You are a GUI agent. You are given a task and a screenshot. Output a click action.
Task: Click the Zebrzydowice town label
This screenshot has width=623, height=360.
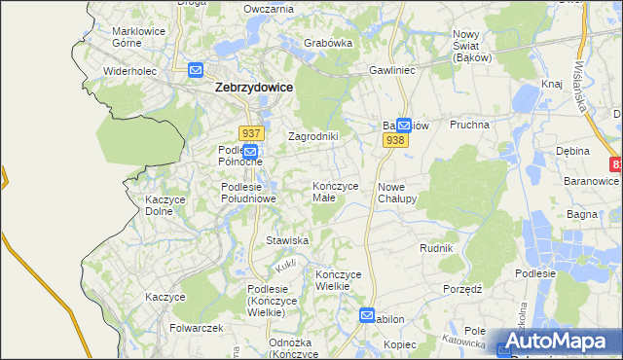[x=253, y=87]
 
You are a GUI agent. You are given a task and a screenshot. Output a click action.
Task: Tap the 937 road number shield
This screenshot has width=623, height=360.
[x=249, y=133]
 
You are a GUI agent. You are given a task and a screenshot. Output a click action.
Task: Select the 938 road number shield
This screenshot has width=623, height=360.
[x=394, y=140]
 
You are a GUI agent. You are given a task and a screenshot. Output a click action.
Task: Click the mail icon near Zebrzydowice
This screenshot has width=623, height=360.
[x=196, y=70]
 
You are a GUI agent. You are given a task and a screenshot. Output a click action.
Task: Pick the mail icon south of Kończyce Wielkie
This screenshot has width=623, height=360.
[x=366, y=315]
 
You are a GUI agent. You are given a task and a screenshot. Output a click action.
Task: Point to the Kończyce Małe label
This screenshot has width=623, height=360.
[x=337, y=191]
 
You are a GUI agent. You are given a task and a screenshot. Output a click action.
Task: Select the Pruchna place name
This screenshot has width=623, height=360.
[x=468, y=126]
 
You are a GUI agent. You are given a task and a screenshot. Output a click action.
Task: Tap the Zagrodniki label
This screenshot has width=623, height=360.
[x=312, y=136]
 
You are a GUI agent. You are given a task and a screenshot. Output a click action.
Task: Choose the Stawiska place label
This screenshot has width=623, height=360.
[x=287, y=239]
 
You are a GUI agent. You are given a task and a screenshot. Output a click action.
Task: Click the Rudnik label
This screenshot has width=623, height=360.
[x=436, y=248]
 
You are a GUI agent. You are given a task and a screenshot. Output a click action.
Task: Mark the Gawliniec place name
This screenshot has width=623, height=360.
[x=392, y=71]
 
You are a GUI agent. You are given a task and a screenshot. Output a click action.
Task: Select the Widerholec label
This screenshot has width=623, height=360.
[x=130, y=71]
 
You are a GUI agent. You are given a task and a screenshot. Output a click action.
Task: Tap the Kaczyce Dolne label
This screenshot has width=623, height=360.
[x=165, y=204]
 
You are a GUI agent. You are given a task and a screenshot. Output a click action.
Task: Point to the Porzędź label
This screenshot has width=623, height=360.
[x=462, y=289]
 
